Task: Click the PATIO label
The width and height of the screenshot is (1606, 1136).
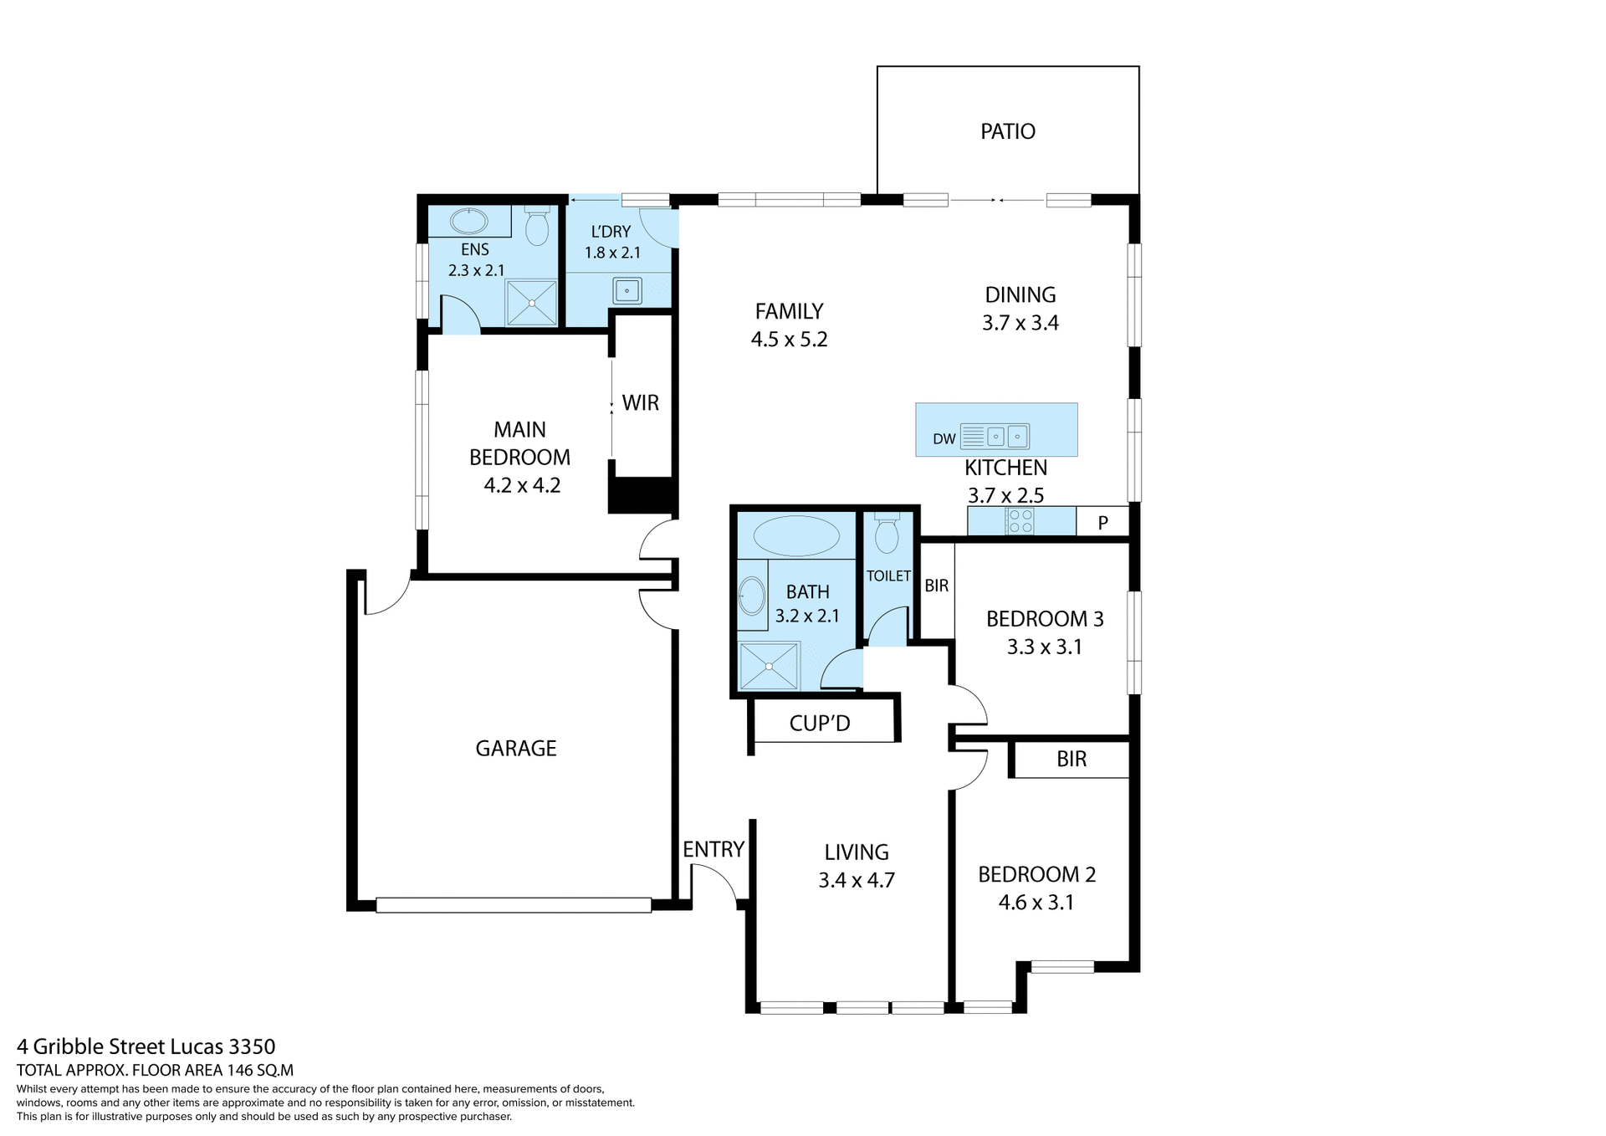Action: tap(1007, 131)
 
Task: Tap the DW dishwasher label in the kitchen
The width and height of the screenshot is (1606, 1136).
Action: tap(944, 439)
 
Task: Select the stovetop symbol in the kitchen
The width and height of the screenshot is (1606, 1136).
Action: tap(1020, 521)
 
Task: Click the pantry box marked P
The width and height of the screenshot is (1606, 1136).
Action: tap(1102, 523)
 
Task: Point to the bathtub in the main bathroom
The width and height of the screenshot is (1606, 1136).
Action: tap(796, 536)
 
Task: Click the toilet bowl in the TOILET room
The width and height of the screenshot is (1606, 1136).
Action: tap(886, 535)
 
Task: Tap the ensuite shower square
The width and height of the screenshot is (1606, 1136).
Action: tap(531, 303)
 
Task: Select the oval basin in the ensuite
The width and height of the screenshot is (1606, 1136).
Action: tap(468, 222)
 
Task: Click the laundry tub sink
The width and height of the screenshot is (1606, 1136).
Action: tap(627, 291)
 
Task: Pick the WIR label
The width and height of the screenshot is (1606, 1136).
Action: tap(641, 403)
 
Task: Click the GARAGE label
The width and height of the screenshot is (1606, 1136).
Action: tap(516, 749)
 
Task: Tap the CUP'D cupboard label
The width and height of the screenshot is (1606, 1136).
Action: tap(820, 724)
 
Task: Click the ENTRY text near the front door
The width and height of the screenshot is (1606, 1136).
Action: tap(713, 850)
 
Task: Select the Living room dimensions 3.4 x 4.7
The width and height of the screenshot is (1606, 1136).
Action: tap(857, 880)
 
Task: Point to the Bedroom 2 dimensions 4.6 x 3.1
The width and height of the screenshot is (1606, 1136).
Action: tap(1036, 903)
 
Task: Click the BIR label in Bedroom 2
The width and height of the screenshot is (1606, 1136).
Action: tap(1072, 760)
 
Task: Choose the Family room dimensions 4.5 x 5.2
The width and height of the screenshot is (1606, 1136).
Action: tap(789, 340)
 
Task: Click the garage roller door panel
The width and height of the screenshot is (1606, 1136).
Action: tap(514, 905)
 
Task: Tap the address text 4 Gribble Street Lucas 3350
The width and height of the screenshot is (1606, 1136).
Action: tap(146, 1046)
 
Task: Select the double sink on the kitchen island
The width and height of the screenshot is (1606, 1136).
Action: tap(1006, 437)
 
